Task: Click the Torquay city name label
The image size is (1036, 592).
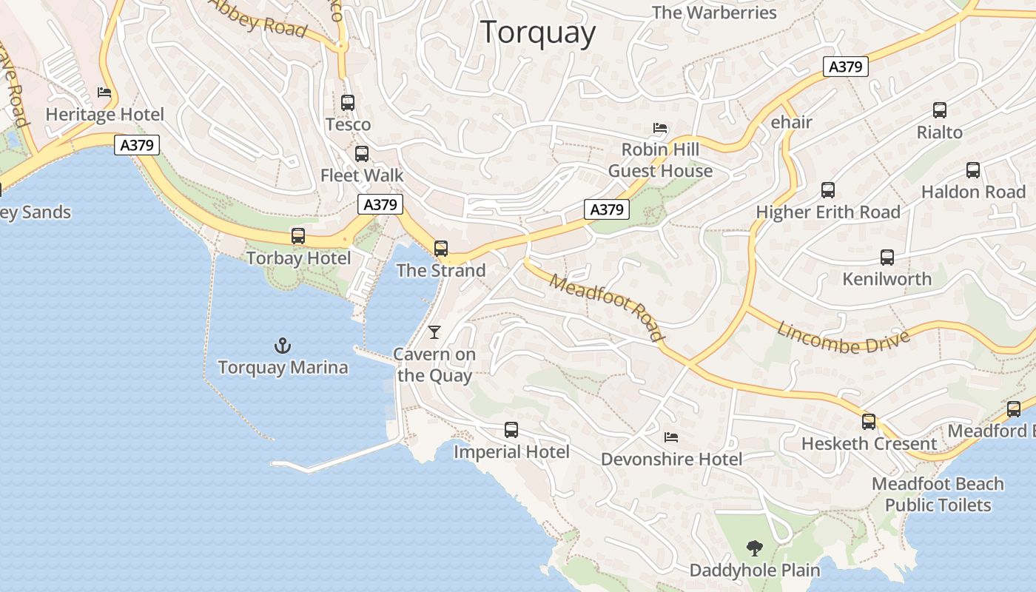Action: pyautogui.click(x=538, y=33)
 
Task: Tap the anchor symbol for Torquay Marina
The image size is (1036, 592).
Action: pyautogui.click(x=282, y=346)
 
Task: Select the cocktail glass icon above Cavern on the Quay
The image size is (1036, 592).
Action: pyautogui.click(x=434, y=332)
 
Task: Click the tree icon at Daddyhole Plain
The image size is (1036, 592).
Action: pyautogui.click(x=754, y=548)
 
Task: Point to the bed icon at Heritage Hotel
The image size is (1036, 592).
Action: pyautogui.click(x=104, y=92)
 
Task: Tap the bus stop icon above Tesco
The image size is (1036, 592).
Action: pyautogui.click(x=348, y=103)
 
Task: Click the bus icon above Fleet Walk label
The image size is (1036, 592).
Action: pyautogui.click(x=361, y=154)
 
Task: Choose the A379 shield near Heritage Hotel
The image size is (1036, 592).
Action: pyautogui.click(x=138, y=145)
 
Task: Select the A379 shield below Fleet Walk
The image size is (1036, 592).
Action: pyautogui.click(x=380, y=204)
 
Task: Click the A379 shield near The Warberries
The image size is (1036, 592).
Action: pyautogui.click(x=845, y=67)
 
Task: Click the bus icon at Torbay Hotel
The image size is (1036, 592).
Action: pyautogui.click(x=298, y=236)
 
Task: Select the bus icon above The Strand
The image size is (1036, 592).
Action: pyautogui.click(x=441, y=249)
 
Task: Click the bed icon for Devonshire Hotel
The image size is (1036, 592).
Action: pyautogui.click(x=671, y=437)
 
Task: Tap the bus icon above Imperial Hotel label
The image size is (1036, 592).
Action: pyautogui.click(x=511, y=430)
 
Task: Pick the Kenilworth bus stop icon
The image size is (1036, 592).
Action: pyautogui.click(x=887, y=258)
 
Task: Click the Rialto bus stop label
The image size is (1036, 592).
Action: pyautogui.click(x=939, y=132)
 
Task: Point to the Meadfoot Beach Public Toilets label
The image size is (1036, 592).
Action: pyautogui.click(x=938, y=494)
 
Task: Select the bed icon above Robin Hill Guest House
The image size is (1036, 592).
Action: pyautogui.click(x=660, y=128)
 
